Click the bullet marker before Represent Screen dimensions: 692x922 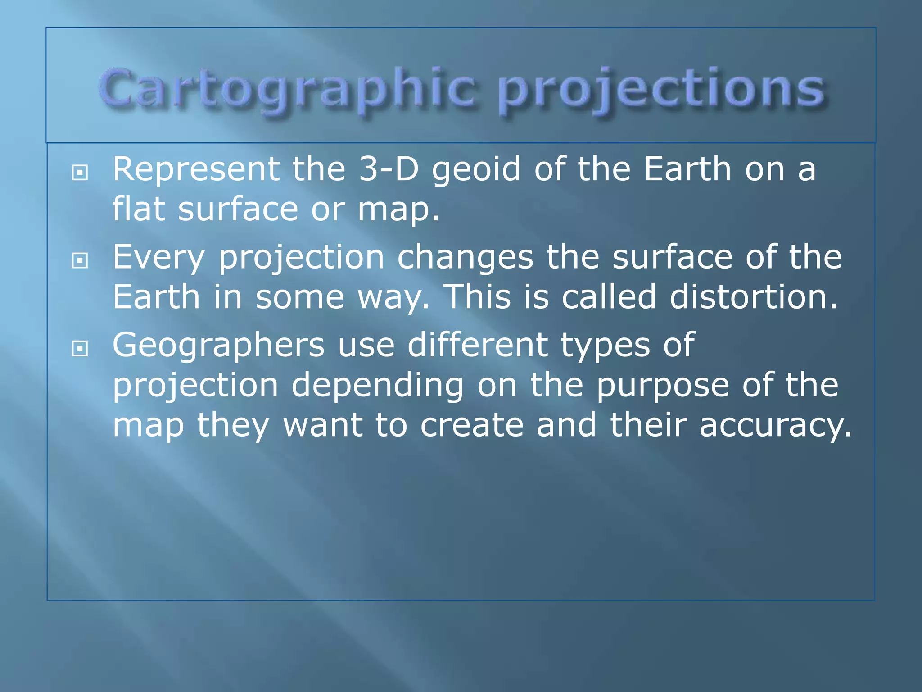tap(80, 172)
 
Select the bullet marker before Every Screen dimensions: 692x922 tap(80, 260)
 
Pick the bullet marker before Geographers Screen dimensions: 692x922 tap(80, 348)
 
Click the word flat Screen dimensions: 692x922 tap(138, 209)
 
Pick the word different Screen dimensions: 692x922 tap(477, 345)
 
